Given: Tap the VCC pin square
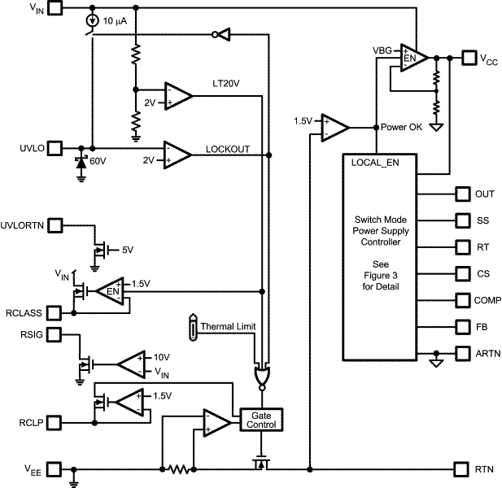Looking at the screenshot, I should click(469, 58).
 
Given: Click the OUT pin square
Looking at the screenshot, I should click(461, 194).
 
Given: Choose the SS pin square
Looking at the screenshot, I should click(461, 220).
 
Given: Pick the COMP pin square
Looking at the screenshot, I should click(461, 300).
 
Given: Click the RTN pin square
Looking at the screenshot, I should click(461, 469).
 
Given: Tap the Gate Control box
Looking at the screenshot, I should click(260, 420).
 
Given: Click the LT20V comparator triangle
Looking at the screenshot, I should click(178, 96).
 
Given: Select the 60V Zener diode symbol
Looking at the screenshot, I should click(81, 160).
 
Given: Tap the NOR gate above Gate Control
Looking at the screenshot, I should click(263, 375).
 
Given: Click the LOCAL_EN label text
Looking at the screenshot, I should click(374, 163).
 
